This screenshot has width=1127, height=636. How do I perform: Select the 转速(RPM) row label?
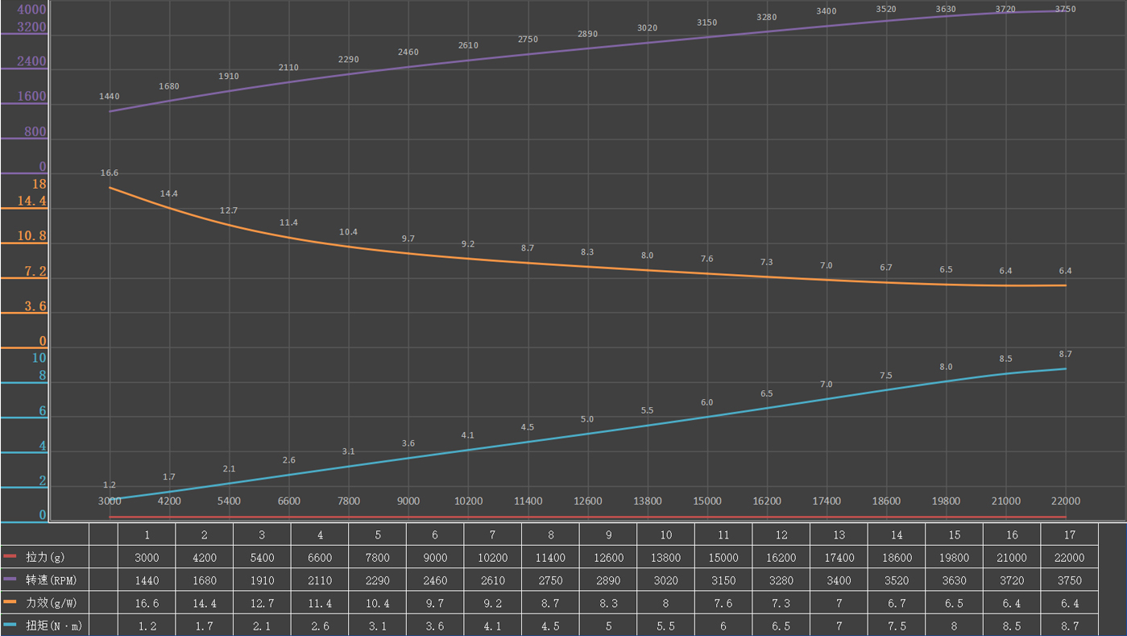coord(49,580)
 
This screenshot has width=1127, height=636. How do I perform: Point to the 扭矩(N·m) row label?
coord(49,625)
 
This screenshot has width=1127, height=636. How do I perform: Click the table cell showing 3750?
coord(1069,580)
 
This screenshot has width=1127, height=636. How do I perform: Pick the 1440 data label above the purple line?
coord(109,97)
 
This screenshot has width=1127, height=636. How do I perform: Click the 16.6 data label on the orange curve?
coord(109,173)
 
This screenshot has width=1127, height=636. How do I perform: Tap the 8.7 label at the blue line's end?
coord(1065,354)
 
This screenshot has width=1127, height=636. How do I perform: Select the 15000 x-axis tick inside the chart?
coord(707,501)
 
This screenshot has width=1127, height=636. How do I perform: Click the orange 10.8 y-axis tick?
coord(32,236)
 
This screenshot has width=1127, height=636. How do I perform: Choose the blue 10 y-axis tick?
coord(39,358)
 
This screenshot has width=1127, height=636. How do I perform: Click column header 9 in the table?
coord(608,534)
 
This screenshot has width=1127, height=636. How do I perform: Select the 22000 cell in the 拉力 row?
coord(1069,557)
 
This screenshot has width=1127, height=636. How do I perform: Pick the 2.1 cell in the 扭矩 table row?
coord(262,625)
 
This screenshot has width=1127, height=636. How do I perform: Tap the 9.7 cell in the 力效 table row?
coord(435,602)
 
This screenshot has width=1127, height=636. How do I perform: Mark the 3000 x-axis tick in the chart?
coord(110,501)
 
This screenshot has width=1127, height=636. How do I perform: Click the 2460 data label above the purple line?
coord(408,52)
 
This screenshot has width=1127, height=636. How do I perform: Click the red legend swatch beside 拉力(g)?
coord(10,557)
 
